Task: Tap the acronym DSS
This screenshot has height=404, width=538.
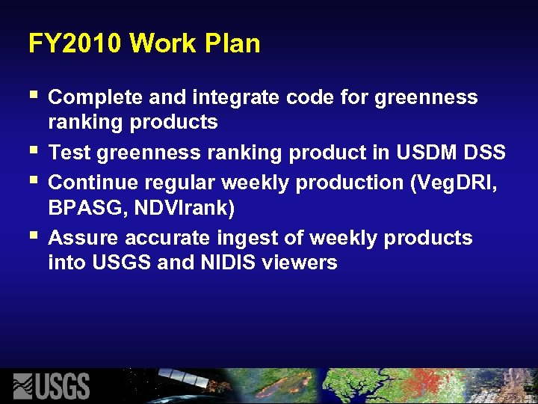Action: click(x=486, y=153)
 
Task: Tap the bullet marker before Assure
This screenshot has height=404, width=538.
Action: click(x=32, y=237)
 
